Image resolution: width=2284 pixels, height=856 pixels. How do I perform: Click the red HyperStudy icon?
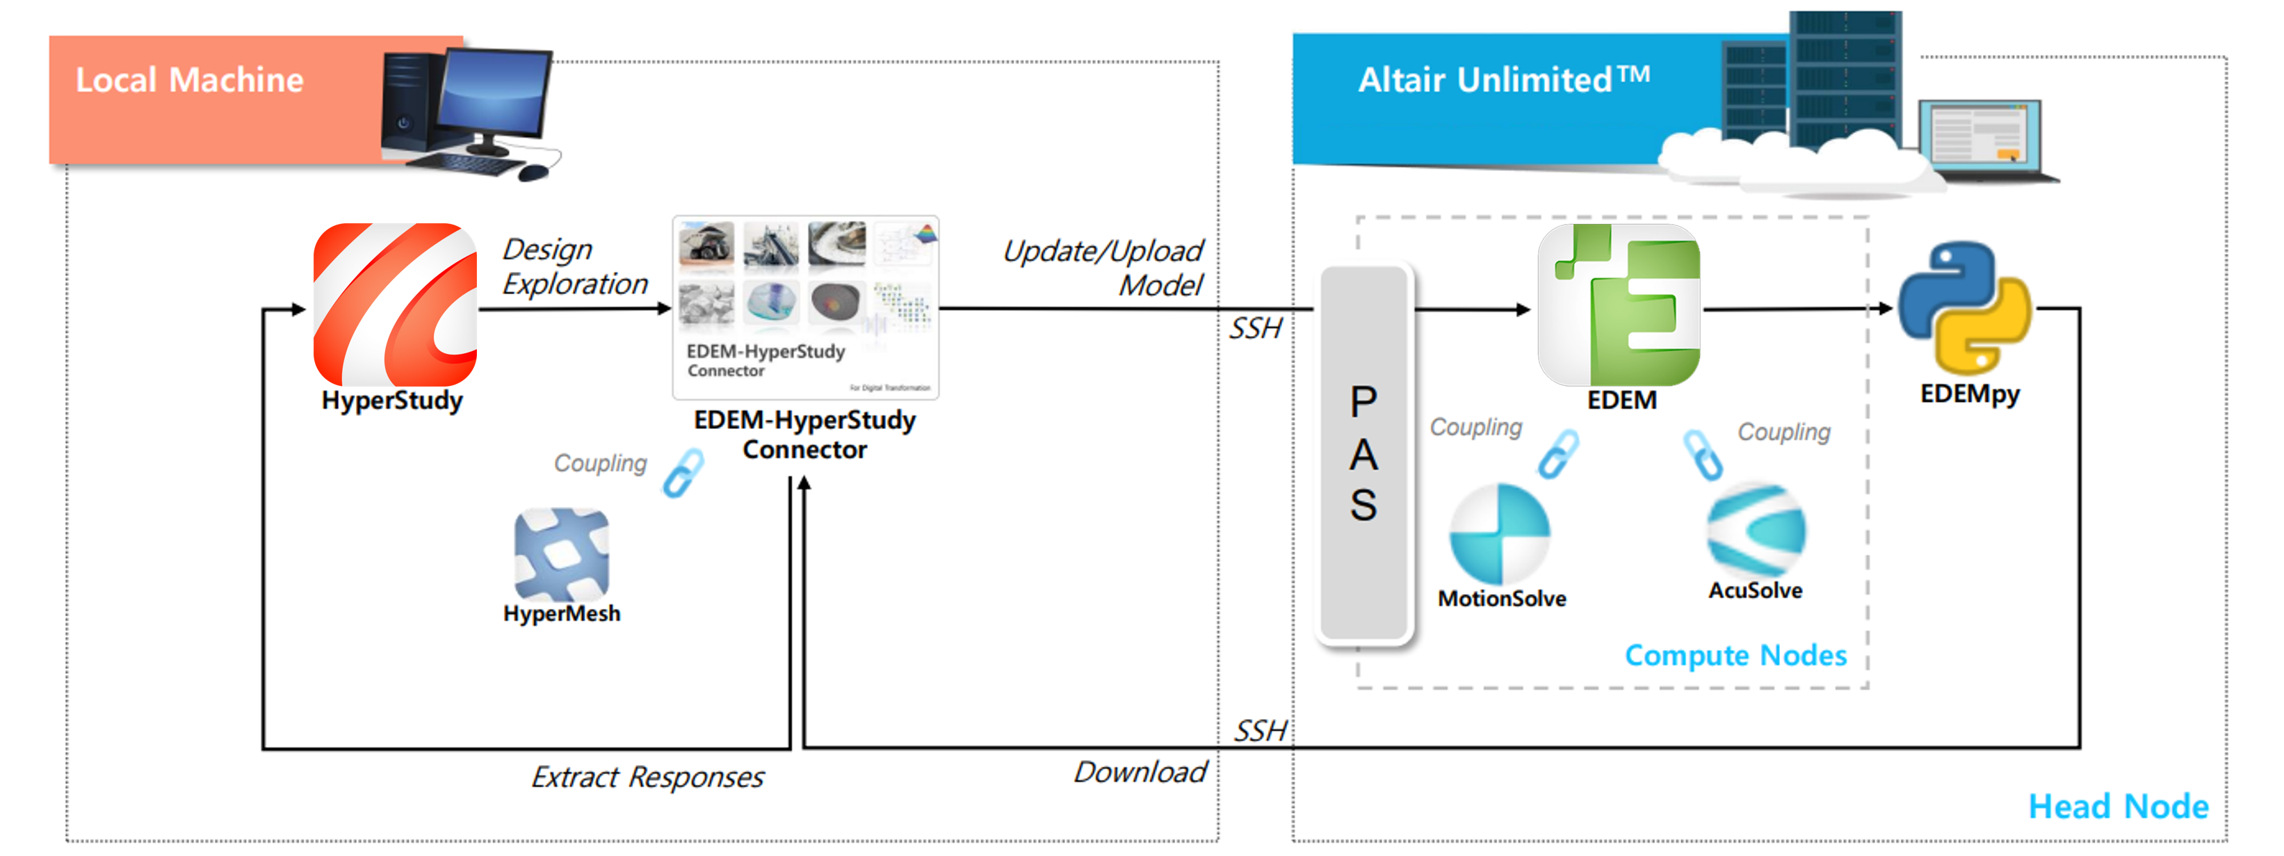tap(394, 305)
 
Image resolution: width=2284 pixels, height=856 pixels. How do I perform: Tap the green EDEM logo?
tap(1619, 305)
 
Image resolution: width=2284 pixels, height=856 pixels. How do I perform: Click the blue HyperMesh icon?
tap(561, 554)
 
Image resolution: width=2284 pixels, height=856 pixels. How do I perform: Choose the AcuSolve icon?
tap(1755, 531)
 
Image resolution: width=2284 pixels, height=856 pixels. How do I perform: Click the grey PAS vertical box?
tap(1363, 453)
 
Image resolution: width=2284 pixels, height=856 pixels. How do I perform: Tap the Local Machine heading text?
tap(189, 80)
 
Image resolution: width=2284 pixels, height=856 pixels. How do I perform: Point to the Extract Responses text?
tap(647, 777)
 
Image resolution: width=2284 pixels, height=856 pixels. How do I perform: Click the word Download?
tap(1140, 772)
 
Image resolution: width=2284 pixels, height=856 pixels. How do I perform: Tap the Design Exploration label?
tap(574, 266)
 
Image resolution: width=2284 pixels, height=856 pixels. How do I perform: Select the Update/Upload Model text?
tap(1104, 267)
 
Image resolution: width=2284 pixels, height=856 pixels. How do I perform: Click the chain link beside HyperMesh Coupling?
tap(683, 472)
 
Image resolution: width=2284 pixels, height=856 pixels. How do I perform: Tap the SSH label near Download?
tap(1259, 731)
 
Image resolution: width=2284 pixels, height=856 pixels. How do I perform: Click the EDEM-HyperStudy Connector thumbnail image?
tap(805, 307)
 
